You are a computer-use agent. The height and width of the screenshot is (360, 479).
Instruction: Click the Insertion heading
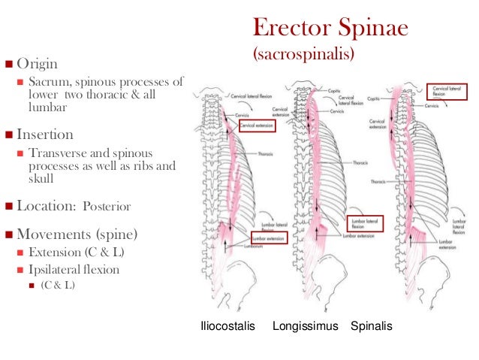[45, 135]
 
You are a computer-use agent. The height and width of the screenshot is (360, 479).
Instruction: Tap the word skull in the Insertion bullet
[40, 177]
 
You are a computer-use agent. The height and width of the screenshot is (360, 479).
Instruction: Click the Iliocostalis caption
[227, 327]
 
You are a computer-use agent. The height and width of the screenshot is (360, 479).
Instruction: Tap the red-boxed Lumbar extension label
[267, 237]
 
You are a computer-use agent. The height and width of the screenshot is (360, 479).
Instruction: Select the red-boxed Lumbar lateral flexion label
[366, 223]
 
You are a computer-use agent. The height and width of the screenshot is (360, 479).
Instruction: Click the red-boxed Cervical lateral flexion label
[444, 92]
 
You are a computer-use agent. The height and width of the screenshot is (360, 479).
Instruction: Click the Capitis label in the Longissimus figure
[334, 89]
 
